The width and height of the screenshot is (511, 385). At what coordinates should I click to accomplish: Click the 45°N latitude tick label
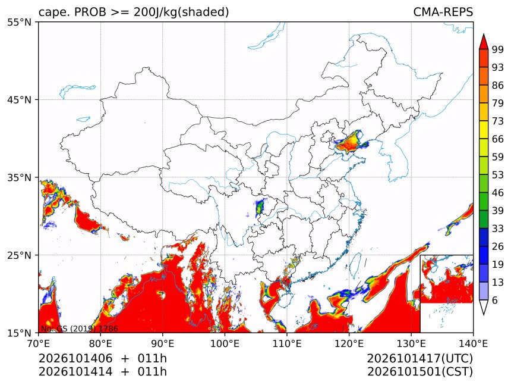(x=19, y=99)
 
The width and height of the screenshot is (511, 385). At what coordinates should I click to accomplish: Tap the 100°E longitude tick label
(x=225, y=343)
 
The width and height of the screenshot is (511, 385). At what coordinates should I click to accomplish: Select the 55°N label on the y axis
(x=19, y=22)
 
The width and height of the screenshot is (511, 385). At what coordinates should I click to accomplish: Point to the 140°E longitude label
(x=473, y=343)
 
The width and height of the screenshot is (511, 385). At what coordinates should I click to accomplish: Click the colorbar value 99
(x=498, y=49)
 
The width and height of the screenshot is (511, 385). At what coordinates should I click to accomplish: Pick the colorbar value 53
(x=498, y=175)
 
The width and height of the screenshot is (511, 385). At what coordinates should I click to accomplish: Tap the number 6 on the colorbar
(x=495, y=300)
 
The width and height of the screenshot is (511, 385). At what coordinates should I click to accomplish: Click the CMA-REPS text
(x=443, y=12)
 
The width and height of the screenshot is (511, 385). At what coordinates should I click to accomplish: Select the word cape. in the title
(x=53, y=12)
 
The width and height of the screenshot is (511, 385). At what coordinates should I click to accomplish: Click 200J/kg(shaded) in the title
(x=181, y=12)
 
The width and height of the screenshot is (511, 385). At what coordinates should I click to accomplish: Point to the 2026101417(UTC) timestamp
(x=420, y=358)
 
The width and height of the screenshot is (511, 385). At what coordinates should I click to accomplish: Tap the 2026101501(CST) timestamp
(x=420, y=372)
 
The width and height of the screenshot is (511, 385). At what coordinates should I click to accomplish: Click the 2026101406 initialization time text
(x=75, y=358)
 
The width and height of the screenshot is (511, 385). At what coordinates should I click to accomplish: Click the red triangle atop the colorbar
(x=484, y=42)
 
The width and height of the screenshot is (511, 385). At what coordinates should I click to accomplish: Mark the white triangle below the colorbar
(x=484, y=308)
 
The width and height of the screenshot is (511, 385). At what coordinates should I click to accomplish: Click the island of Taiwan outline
(x=355, y=265)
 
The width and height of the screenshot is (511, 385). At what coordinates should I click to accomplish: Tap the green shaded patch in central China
(x=260, y=207)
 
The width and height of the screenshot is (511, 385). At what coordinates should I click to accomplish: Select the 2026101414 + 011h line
(x=103, y=372)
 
